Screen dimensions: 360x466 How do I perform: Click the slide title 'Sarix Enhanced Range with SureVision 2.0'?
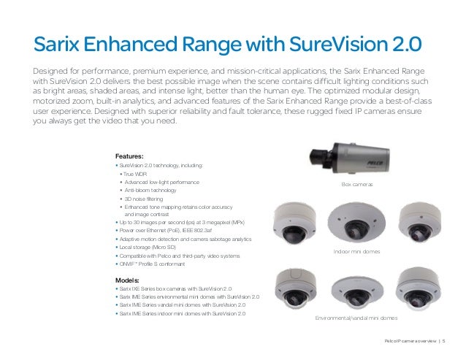point(227,45)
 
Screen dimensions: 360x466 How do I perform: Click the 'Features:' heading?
point(129,156)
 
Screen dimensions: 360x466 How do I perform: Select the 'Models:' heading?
point(128,280)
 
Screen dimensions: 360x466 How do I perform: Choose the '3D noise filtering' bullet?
point(146,199)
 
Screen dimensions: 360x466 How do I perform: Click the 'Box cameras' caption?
point(357,185)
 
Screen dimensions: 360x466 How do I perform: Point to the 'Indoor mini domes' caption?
point(357,251)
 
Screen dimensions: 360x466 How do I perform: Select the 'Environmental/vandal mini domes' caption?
point(356,319)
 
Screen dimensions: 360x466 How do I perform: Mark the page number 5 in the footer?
point(443,341)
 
